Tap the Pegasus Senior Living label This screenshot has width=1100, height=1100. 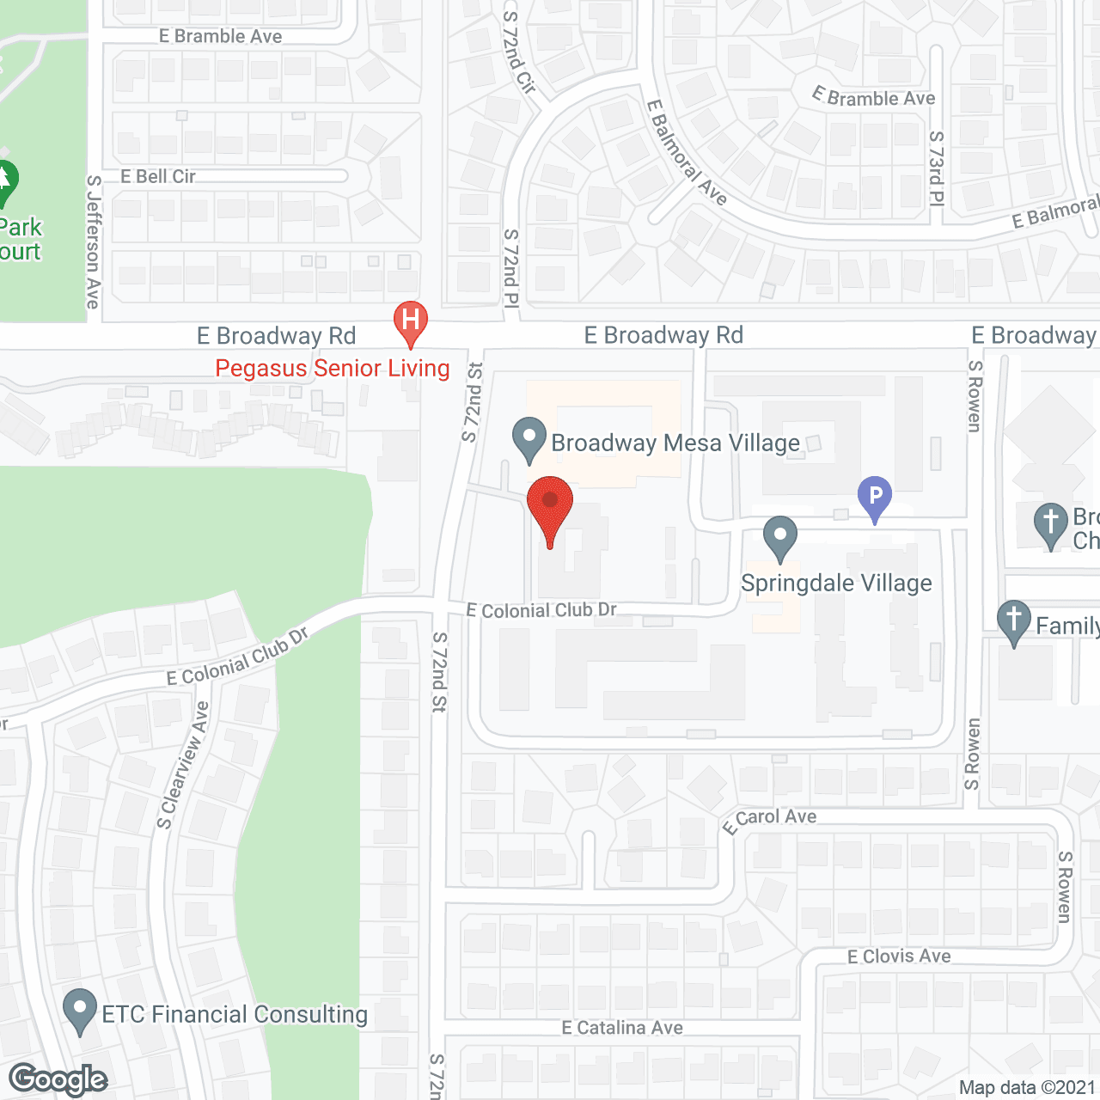[333, 369]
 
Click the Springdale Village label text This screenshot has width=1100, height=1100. [836, 584]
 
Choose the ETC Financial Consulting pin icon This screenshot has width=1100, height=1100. [81, 1011]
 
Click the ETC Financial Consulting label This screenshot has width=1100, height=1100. [235, 1015]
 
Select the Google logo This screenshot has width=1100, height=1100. [58, 1079]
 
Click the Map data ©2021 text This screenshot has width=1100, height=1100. [1027, 1088]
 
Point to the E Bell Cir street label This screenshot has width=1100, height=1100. [158, 177]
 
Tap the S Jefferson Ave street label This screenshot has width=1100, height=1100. [93, 241]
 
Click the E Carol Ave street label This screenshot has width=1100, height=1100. [770, 820]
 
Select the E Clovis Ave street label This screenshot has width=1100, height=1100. [899, 956]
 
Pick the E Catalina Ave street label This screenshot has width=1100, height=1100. [622, 1028]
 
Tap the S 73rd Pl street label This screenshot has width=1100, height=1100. [937, 168]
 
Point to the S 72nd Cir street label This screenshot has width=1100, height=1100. [519, 52]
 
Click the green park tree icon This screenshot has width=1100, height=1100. [5, 181]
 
